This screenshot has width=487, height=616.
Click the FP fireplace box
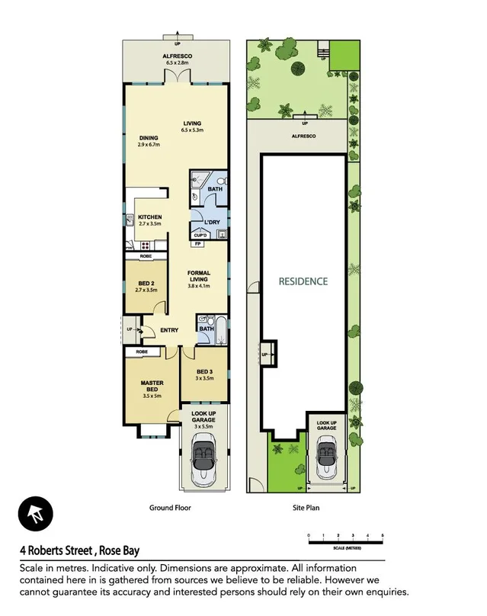tap(197, 244)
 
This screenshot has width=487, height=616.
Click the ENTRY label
tap(169, 330)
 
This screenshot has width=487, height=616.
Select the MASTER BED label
tap(152, 387)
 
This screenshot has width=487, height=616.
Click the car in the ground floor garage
tap(203, 459)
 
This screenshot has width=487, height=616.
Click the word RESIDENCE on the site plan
tap(303, 281)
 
